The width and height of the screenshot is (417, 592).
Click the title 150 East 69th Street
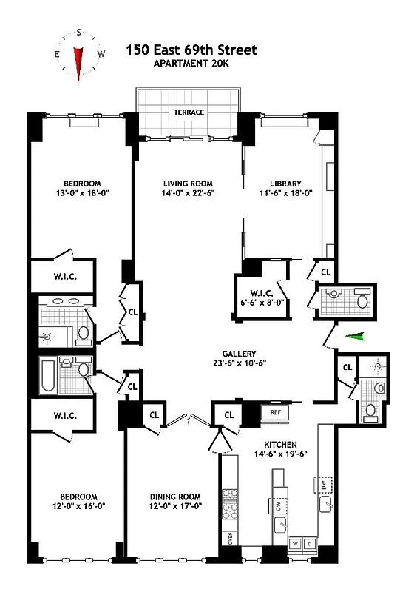point(191,50)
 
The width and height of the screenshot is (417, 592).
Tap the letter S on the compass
point(78,33)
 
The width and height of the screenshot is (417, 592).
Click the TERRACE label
point(189,112)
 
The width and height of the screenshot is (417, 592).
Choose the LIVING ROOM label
point(188,184)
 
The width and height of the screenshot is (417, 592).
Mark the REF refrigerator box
point(275,412)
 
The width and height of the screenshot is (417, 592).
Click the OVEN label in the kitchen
point(229,539)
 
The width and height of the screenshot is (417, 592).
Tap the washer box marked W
point(295,543)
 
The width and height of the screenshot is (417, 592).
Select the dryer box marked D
point(308,543)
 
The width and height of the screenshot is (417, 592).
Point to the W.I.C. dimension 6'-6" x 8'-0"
point(259,302)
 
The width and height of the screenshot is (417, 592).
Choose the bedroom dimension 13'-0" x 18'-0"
point(81,194)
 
